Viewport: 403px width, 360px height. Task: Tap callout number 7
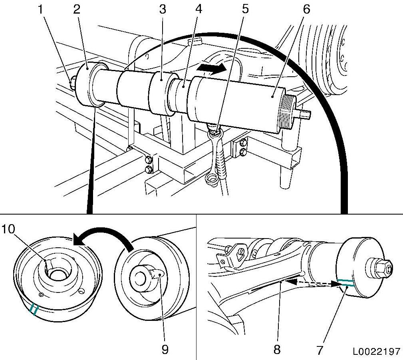(x=320, y=350)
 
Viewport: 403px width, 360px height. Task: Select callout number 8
(x=277, y=350)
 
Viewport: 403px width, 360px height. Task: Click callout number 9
(x=165, y=350)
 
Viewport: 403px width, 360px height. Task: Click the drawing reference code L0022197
(x=376, y=352)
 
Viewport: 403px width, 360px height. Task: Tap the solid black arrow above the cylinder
(x=214, y=68)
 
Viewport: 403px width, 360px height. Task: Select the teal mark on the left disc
(x=34, y=309)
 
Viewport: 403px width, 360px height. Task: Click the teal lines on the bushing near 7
(x=344, y=283)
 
